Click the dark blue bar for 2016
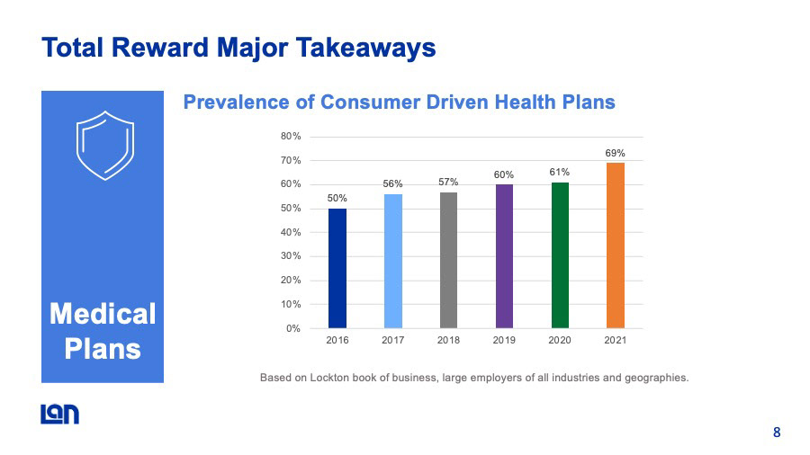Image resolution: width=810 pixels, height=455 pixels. point(337,268)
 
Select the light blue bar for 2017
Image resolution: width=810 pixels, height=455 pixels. point(392,261)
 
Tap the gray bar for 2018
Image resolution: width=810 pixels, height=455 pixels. point(448,260)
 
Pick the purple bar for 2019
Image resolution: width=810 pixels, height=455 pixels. point(504,256)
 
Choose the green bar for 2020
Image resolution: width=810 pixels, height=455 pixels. point(560,255)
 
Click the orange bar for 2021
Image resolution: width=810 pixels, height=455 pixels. point(615,245)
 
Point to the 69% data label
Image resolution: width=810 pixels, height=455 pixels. point(615,154)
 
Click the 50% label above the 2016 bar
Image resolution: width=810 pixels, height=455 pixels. point(337,198)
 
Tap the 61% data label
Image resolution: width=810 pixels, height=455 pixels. point(560,172)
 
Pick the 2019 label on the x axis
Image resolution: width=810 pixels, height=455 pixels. point(504,342)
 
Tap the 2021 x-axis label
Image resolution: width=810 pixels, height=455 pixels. point(615,342)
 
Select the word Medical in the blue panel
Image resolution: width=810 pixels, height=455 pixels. point(103,314)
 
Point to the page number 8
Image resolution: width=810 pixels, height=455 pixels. point(776,433)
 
